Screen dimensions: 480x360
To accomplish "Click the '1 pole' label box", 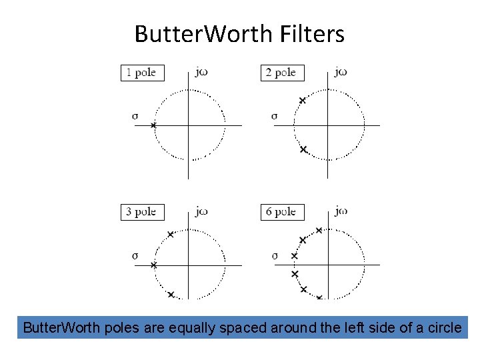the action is pos(142,73).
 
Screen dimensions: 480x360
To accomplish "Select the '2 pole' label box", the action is pos(282,73).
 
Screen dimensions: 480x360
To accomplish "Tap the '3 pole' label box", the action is pos(142,212).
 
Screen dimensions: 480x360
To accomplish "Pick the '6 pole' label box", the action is pos(282,212).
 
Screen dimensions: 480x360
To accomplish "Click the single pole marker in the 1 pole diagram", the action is pos(153,125).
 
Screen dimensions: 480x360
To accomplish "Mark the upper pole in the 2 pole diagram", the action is pos(302,100).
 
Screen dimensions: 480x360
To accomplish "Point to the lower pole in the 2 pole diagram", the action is pos(303,149).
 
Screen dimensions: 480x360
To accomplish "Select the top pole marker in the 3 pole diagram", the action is pos(171,235).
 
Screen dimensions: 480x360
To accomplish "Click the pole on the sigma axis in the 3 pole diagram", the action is pos(153,265).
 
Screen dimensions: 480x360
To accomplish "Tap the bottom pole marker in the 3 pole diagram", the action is pos(171,294).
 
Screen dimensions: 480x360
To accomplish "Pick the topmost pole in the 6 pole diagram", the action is pos(319,231).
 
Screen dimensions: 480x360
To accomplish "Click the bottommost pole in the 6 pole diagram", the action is pos(319,297).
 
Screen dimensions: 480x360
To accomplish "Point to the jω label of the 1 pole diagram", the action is pos(201,72).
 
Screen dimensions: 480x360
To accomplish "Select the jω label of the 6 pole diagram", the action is pos(341,211).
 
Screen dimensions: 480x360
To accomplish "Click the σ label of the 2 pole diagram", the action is pos(274,116).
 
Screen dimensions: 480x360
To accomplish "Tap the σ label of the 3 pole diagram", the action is pos(135,255).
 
